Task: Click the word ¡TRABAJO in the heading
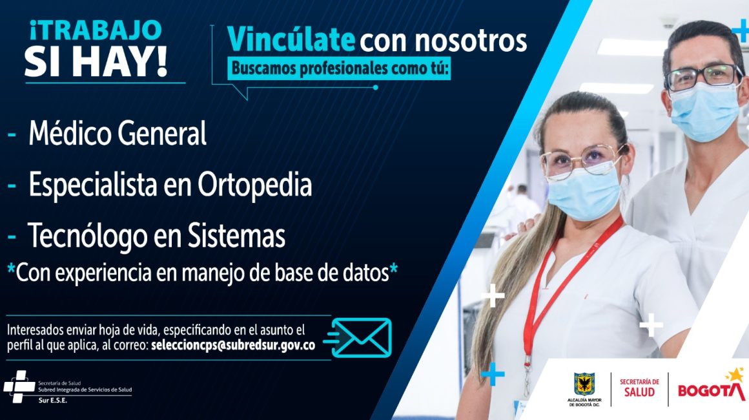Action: pyautogui.click(x=95, y=30)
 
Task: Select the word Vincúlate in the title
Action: pyautogui.click(x=291, y=39)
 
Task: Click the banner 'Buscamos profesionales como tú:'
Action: pyautogui.click(x=339, y=68)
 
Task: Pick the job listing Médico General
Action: pyautogui.click(x=118, y=132)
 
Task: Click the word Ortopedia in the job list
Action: pyautogui.click(x=254, y=184)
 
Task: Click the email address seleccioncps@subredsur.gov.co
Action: pyautogui.click(x=233, y=345)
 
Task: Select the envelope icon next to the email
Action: pyautogui.click(x=361, y=338)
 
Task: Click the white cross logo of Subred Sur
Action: pyautogui.click(x=19, y=386)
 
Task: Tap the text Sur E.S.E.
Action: pyautogui.click(x=52, y=401)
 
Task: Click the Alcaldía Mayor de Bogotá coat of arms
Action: pyautogui.click(x=584, y=384)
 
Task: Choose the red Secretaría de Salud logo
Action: pyautogui.click(x=639, y=388)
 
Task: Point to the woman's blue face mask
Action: pyautogui.click(x=584, y=193)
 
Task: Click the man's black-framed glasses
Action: pyautogui.click(x=704, y=77)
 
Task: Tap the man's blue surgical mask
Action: pyautogui.click(x=704, y=111)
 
